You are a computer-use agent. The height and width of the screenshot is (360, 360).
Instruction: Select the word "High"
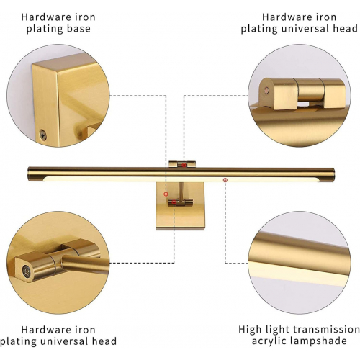[x=251, y=330]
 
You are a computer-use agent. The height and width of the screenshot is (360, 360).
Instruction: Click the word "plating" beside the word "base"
[x=42, y=30]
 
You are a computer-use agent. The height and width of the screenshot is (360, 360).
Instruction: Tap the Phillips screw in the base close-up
[x=43, y=134]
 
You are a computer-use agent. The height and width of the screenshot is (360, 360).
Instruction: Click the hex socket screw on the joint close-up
[x=26, y=271]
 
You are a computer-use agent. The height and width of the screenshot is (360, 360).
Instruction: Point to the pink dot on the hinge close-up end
[x=266, y=90]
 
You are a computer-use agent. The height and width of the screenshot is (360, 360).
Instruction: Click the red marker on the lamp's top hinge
[x=184, y=165]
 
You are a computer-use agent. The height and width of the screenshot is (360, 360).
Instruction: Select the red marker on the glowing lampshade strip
[x=225, y=180]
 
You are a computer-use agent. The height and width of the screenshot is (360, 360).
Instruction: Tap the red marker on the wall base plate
[x=166, y=194]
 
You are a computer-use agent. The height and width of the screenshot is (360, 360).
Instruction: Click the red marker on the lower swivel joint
[x=174, y=202]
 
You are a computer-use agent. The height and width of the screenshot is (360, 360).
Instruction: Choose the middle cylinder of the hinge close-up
[x=310, y=89]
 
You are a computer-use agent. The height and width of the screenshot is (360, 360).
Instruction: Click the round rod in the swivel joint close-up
[x=85, y=264]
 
